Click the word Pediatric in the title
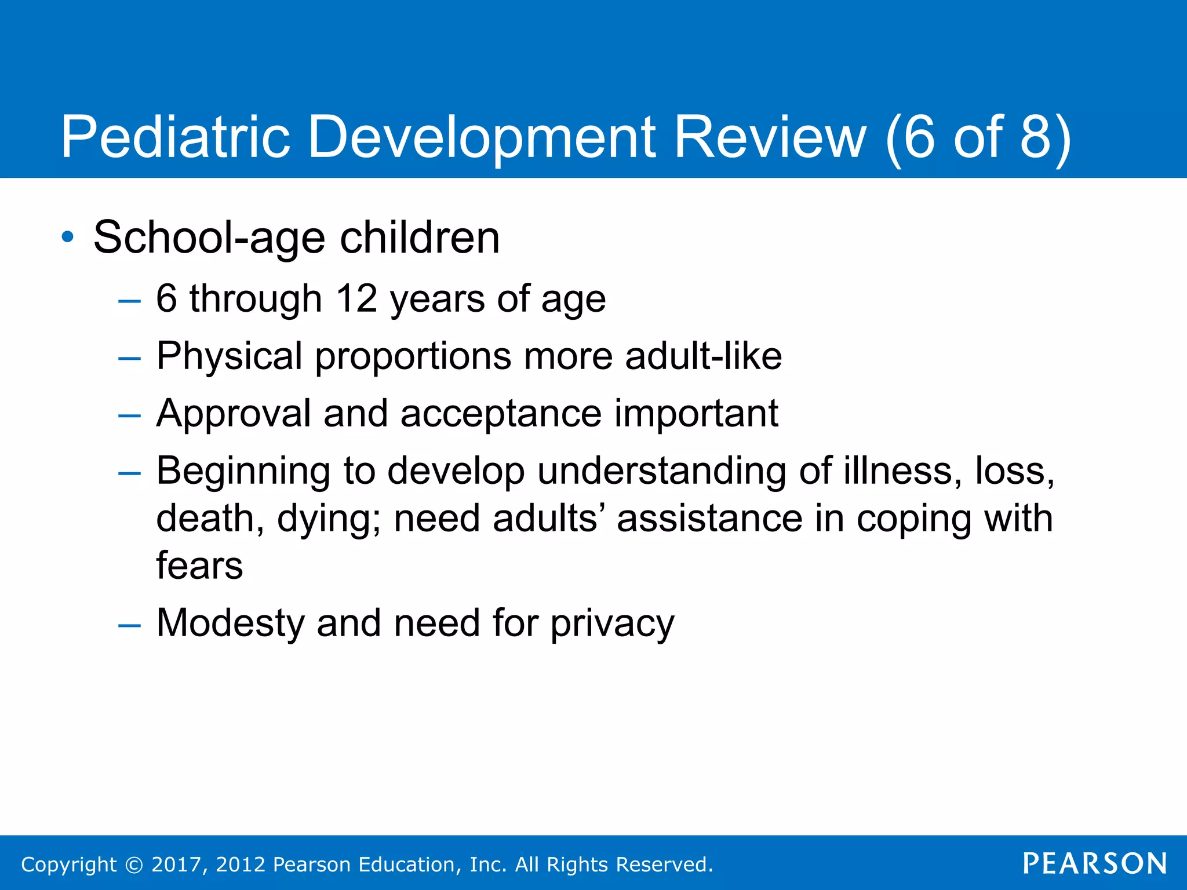(175, 137)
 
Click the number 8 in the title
(1035, 137)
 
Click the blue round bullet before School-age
(68, 237)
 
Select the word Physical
(229, 356)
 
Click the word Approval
(234, 414)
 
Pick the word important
(696, 414)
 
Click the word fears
(199, 566)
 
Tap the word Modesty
(230, 623)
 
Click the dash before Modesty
(129, 625)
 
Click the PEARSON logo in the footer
(1095, 863)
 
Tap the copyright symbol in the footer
(134, 865)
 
